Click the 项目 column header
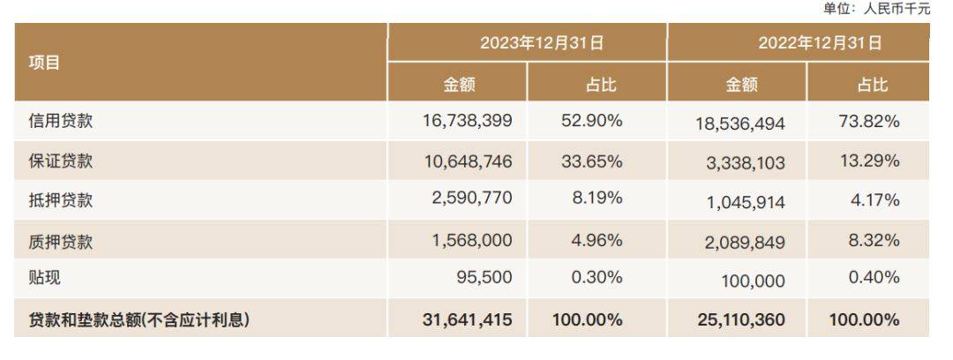point(44,64)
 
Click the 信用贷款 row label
point(61,121)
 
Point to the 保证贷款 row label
point(61,161)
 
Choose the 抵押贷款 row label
point(61,199)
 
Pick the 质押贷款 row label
point(61,242)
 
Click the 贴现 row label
point(44,278)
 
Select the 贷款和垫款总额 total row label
point(139,319)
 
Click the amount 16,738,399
point(468,120)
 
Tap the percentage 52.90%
point(592,120)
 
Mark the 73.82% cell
point(869,121)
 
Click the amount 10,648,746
point(468,161)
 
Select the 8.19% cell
point(597,199)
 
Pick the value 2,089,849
point(745,243)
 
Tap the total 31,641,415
point(468,319)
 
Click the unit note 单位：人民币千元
point(876,9)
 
